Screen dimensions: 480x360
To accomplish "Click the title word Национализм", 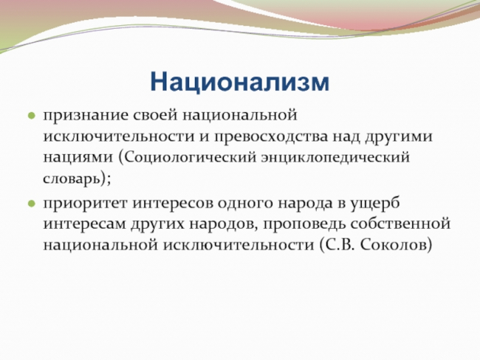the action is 240,82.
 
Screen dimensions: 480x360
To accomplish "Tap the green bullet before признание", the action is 32,116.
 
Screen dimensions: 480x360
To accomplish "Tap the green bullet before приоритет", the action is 32,204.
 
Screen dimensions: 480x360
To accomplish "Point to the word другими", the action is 399,137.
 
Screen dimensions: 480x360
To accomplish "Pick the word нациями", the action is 78,158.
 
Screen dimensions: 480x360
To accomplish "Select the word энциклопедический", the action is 335,158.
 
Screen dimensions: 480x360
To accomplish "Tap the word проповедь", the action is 304,224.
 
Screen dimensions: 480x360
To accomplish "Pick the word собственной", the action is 401,224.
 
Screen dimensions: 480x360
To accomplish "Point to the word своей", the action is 156,116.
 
